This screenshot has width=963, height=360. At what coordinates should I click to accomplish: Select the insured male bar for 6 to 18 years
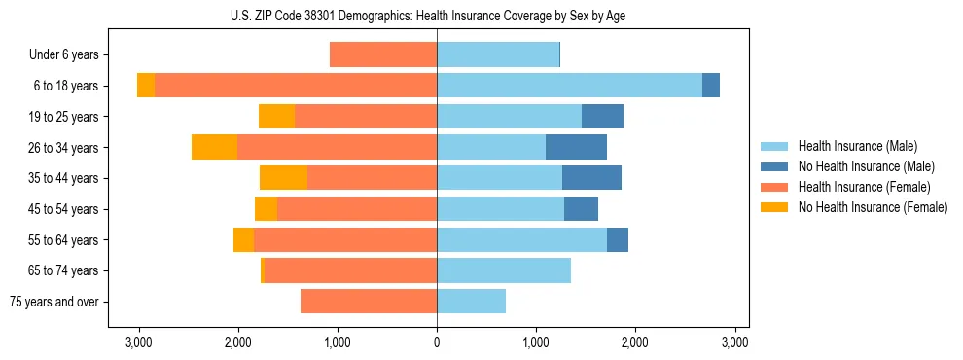point(569,86)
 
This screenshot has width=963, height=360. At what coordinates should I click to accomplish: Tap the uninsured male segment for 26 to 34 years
point(576,147)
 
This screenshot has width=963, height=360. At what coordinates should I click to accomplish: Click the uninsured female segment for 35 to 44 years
point(283,178)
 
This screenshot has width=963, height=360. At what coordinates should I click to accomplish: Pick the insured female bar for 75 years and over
point(369,302)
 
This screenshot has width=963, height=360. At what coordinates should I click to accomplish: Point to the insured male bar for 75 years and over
point(471,302)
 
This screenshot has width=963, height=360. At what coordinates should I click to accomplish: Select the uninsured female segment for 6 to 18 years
point(146,86)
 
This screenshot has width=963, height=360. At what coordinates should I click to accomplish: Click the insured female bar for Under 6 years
point(383,54)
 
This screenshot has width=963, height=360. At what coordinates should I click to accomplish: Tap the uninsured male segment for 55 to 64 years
point(618,239)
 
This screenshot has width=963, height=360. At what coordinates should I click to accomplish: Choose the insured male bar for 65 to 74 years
point(504,270)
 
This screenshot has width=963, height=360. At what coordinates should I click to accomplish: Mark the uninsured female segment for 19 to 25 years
point(276,117)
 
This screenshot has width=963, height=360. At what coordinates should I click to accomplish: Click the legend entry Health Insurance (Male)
point(857,146)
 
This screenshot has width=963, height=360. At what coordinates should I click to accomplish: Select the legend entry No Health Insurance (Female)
point(873,207)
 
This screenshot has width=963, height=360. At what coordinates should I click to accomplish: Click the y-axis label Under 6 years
point(63,55)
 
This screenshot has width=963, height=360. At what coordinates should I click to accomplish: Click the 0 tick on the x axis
point(437,342)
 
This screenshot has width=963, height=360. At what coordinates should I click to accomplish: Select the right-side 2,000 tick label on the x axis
point(635,342)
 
